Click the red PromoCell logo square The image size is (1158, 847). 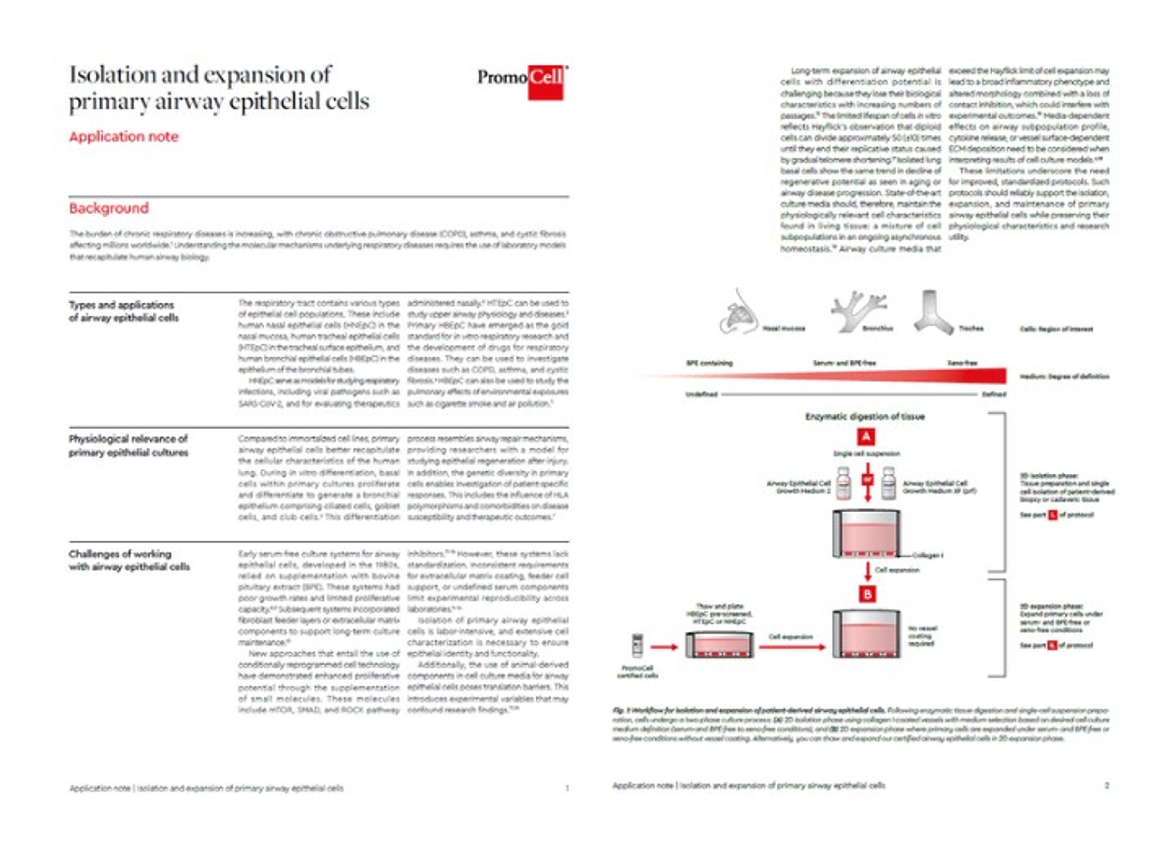pyautogui.click(x=546, y=83)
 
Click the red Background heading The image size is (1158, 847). pyautogui.click(x=109, y=208)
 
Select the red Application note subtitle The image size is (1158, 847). pyautogui.click(x=124, y=137)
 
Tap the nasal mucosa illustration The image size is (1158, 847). pyautogui.click(x=739, y=313)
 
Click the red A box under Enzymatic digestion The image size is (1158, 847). pyautogui.click(x=866, y=437)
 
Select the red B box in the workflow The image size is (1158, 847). pyautogui.click(x=867, y=594)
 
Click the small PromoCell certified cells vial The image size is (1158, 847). pyautogui.click(x=637, y=646)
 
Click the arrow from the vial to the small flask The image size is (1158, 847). pyautogui.click(x=664, y=647)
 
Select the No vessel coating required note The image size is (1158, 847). pyautogui.click(x=923, y=636)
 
